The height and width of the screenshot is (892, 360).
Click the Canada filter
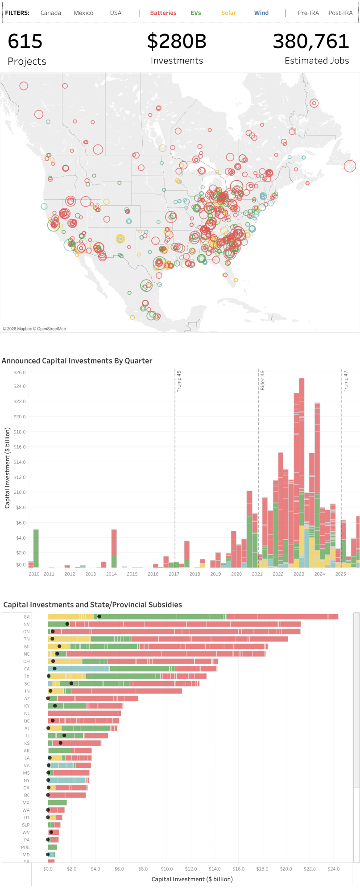click(x=50, y=13)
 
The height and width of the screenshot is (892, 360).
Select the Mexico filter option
click(x=83, y=13)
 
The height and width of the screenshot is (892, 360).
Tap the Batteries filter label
click(x=163, y=13)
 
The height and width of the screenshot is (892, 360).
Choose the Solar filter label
click(x=228, y=13)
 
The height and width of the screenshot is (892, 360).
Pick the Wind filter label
click(x=261, y=13)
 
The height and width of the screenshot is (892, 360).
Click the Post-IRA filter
click(x=340, y=13)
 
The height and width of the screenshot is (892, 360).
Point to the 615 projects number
click(x=25, y=41)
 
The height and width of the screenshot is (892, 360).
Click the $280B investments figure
click(x=177, y=41)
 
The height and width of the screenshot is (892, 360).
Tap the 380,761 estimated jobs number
click(x=311, y=41)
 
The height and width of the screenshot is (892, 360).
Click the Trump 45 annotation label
click(x=179, y=381)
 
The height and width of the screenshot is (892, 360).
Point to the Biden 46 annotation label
click(x=263, y=380)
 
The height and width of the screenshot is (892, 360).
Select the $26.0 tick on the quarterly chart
click(x=20, y=372)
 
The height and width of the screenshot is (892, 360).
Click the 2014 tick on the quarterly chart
click(x=112, y=574)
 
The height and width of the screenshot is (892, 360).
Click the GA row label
click(x=27, y=617)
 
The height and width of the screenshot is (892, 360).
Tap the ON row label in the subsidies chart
click(x=27, y=632)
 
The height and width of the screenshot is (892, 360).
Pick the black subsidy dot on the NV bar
click(x=67, y=624)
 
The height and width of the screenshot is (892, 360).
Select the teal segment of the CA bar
click(x=78, y=669)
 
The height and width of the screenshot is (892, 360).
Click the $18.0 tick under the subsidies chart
click(x=262, y=869)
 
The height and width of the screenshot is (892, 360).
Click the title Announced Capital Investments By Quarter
click(x=77, y=361)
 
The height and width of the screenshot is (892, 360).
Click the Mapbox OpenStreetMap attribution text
click(x=34, y=329)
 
